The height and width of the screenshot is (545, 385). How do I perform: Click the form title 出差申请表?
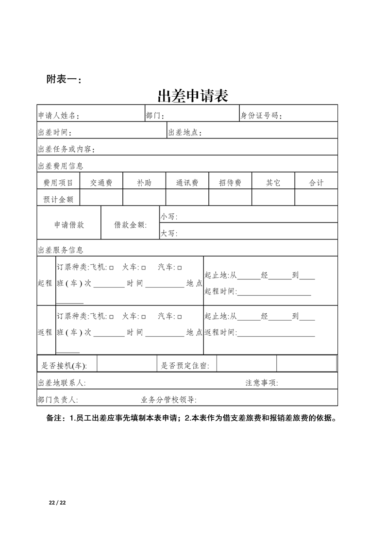(x=193, y=95)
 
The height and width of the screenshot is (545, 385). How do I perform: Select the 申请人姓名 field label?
(x=58, y=116)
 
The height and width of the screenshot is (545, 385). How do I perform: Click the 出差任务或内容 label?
(x=67, y=149)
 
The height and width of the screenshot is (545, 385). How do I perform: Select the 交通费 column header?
(x=101, y=183)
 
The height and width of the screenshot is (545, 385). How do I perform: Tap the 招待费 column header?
(x=230, y=183)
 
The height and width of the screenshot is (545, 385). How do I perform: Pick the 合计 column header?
(x=316, y=183)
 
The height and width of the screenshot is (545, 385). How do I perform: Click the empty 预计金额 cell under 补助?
(x=144, y=198)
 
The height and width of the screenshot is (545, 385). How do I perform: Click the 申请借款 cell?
(x=69, y=225)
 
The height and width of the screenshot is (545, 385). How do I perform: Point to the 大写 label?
(x=169, y=234)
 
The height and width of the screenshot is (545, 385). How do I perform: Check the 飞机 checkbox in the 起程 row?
(x=112, y=268)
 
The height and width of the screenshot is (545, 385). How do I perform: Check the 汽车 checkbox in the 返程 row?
(x=180, y=317)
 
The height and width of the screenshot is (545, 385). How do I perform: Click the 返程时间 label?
(x=220, y=333)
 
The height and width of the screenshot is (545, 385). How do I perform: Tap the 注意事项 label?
(x=262, y=383)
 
